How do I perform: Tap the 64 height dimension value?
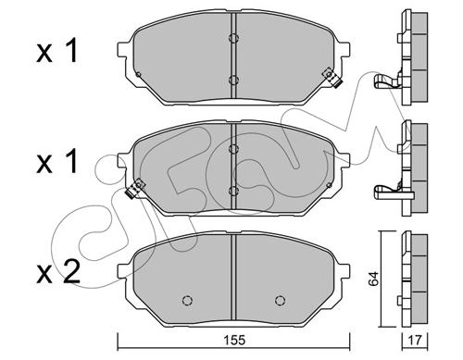coord(374,279)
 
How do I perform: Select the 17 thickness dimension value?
coord(415,341)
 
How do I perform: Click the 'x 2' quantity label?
coord(58,272)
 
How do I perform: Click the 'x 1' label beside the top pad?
coord(57,52)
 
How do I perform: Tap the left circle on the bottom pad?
coord(187,300)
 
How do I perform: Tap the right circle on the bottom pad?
coord(280,300)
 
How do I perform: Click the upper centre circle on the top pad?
coord(233,38)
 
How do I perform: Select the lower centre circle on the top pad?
coord(233,81)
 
